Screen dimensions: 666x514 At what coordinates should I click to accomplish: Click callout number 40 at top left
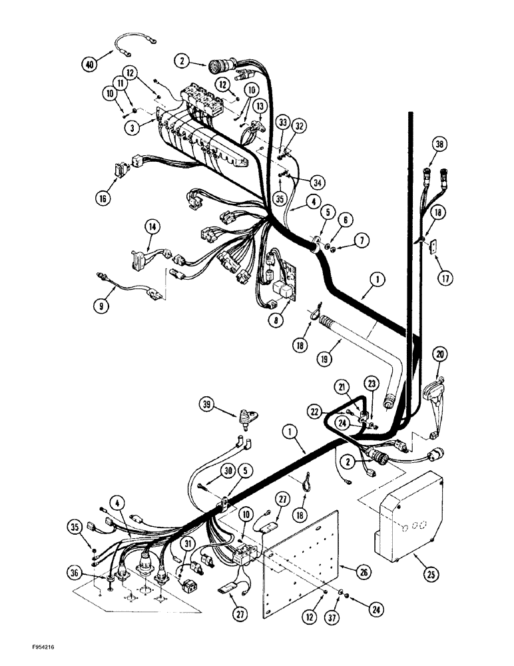89,64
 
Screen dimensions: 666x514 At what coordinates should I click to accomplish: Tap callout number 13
260,106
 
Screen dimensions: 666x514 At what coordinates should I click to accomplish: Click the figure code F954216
26,646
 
